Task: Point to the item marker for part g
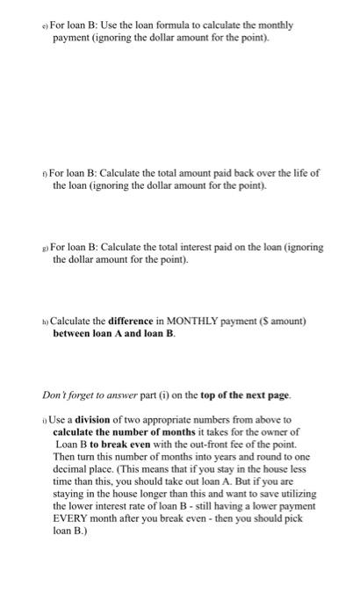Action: click(46, 248)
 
